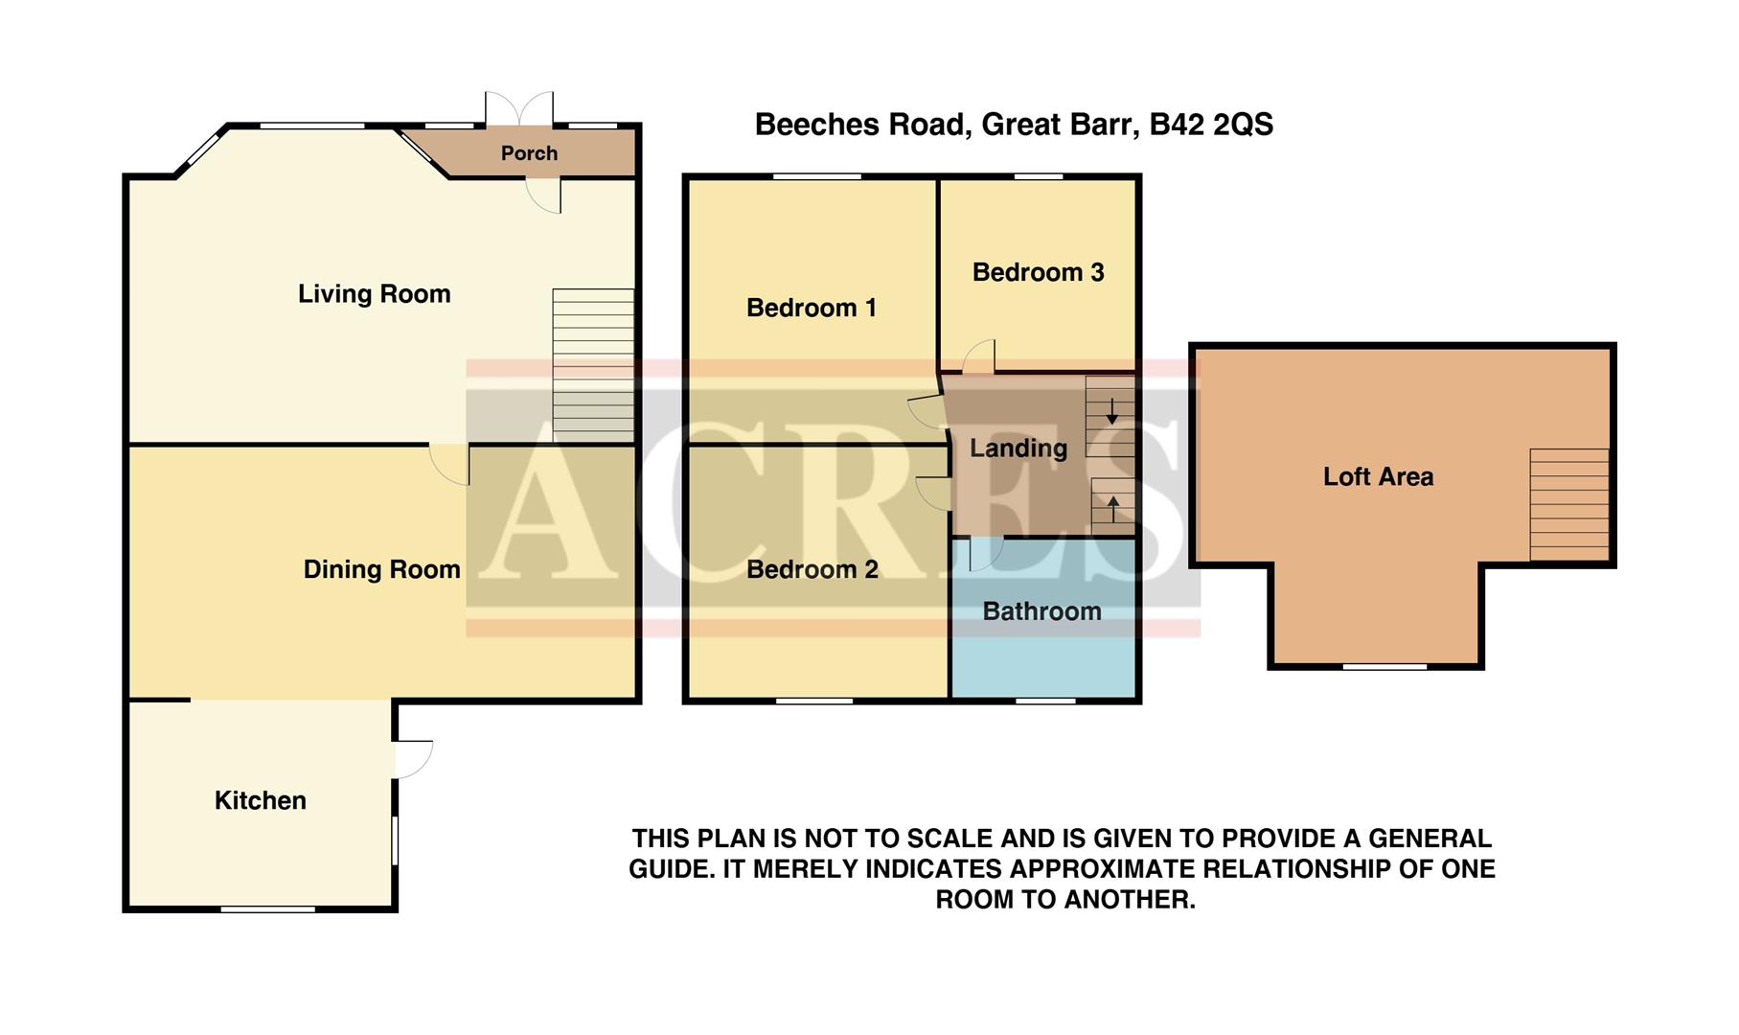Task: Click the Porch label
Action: coord(529,153)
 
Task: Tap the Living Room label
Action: coord(374,294)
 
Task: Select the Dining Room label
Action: coord(381,569)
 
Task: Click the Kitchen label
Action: coord(260,800)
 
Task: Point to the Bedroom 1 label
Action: coord(811,308)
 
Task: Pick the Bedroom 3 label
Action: coord(1038,272)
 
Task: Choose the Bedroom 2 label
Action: coord(812,569)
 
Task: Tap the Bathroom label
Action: coord(1041,611)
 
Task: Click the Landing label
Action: coord(1018,448)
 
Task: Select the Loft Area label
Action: coord(1378,476)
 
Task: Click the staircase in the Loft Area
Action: coord(1568,504)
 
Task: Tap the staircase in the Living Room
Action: coord(593,366)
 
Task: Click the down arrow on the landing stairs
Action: coord(1111,412)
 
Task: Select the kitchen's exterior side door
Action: coord(412,758)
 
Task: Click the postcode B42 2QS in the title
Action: coord(1211,125)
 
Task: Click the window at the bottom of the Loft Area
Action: coord(1384,666)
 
